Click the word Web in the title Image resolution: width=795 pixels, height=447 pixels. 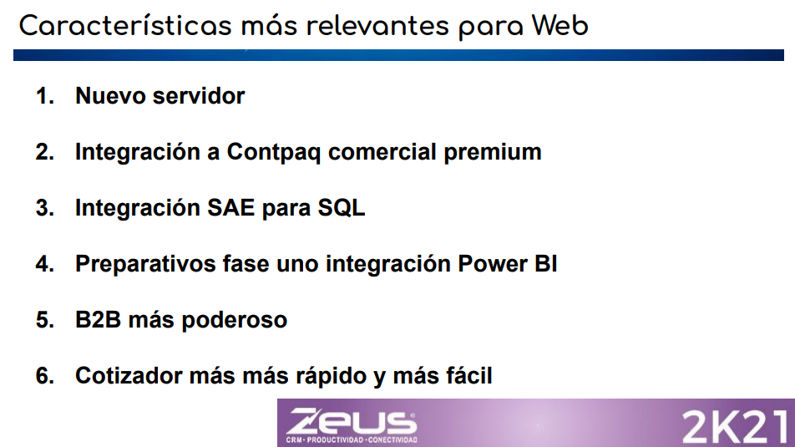tap(560, 25)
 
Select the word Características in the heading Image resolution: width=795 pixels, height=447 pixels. tap(125, 25)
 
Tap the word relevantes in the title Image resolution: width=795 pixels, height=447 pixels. tap(377, 26)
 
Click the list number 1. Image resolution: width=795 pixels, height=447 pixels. tap(44, 95)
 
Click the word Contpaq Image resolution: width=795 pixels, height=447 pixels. tap(273, 153)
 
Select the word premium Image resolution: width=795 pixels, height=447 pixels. tap(493, 152)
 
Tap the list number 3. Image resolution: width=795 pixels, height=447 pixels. tap(44, 207)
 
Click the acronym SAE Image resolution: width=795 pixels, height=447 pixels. tap(230, 207)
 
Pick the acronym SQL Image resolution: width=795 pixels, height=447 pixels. tap(342, 207)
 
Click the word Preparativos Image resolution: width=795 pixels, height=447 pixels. tap(145, 264)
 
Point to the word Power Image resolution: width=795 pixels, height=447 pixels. tap(493, 264)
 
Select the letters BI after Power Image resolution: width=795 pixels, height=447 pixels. tap(545, 264)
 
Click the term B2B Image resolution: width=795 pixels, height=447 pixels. tap(99, 320)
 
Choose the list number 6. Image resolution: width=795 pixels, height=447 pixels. tap(44, 375)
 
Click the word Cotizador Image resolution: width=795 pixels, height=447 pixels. tap(129, 375)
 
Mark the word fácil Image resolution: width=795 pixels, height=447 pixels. tap(469, 375)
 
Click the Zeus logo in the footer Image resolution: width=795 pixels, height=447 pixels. tap(352, 425)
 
